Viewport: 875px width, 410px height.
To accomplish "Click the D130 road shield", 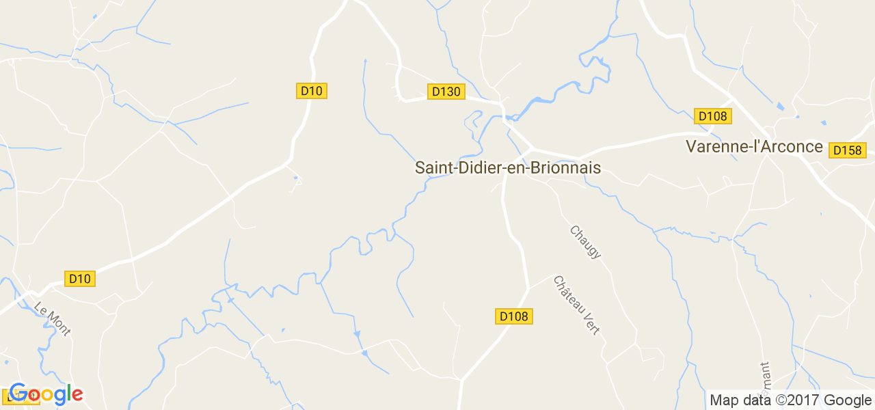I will [446, 91].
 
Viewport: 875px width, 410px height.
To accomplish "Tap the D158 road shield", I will [847, 150].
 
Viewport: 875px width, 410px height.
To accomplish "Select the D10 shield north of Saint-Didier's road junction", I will [311, 91].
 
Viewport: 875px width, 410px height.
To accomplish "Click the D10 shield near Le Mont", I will [80, 278].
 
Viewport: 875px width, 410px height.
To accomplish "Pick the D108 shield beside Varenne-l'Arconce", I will [712, 116].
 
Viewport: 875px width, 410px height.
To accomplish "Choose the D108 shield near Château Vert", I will [514, 316].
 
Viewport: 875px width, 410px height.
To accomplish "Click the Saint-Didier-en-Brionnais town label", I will [507, 168].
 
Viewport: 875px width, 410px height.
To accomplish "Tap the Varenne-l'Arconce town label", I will [754, 147].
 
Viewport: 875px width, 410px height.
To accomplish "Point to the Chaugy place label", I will [585, 242].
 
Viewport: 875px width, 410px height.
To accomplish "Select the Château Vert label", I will [576, 305].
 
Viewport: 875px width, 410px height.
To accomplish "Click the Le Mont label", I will [52, 319].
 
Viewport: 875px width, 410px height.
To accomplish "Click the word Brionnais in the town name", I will [561, 168].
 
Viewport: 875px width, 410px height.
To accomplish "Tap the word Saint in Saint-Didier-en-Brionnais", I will [431, 168].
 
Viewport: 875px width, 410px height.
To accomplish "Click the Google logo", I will [46, 394].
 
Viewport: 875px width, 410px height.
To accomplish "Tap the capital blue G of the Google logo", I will [18, 394].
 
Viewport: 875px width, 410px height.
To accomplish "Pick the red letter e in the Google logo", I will [77, 395].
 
